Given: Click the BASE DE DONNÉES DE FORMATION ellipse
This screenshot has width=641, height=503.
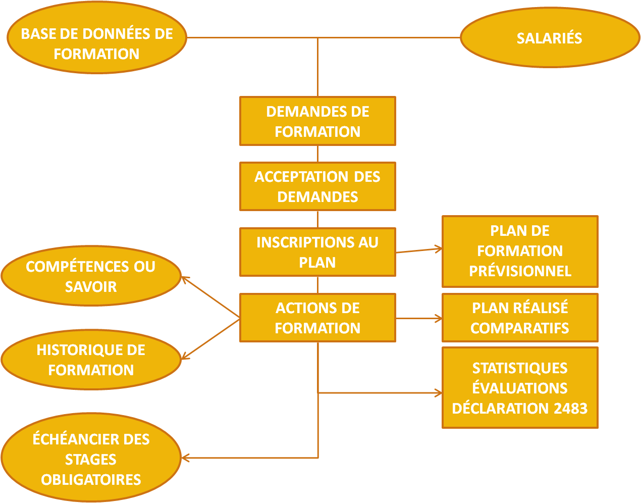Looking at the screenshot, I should [x=97, y=38].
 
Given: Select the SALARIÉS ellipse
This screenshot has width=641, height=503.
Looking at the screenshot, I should [x=550, y=38].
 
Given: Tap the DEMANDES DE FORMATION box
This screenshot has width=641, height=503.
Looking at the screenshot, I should [x=317, y=121].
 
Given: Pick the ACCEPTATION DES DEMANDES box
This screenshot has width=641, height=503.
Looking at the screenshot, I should [x=317, y=186].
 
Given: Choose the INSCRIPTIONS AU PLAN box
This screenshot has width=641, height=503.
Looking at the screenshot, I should [x=317, y=252].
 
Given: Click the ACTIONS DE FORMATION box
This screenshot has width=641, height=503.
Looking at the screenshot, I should [x=317, y=318].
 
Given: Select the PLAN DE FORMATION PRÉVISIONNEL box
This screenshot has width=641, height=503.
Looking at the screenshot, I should [x=520, y=251].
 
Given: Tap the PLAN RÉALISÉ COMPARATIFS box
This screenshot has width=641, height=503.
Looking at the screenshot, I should [x=520, y=318].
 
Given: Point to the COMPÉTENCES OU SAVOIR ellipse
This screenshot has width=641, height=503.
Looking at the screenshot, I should [x=91, y=276].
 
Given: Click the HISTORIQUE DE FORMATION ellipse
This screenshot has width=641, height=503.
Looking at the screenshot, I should [x=91, y=360].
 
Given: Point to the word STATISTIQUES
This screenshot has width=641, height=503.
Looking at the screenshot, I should [x=520, y=368].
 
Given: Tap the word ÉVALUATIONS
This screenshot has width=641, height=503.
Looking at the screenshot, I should [x=520, y=388].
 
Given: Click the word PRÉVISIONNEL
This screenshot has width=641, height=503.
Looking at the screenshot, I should [x=520, y=271].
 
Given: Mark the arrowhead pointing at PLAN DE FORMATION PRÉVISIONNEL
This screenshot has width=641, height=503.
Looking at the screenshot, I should [x=439, y=248].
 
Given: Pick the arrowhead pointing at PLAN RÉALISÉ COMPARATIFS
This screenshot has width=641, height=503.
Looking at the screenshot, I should [x=439, y=318].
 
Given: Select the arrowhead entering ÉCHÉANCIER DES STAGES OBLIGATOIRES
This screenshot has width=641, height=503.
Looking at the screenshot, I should [x=185, y=458].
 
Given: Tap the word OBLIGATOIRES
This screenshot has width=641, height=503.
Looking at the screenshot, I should [x=91, y=479].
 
